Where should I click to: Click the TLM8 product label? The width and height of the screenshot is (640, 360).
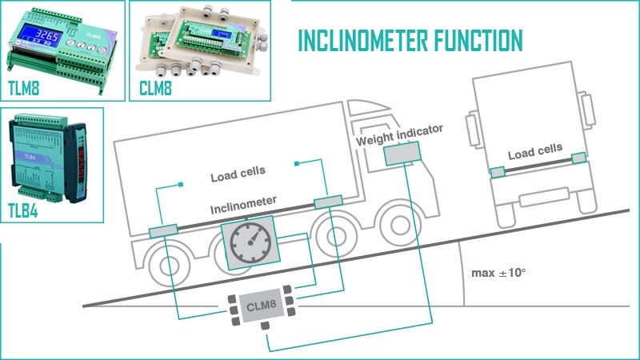coord(25,86)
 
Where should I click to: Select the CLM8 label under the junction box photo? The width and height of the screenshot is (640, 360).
coord(157,86)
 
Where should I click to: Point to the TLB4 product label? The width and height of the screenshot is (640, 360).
coord(24,211)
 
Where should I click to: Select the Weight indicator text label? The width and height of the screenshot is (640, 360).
coord(399,133)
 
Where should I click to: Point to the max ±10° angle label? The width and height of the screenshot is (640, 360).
coord(498,274)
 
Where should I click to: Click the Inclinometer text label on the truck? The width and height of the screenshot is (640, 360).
coord(244,206)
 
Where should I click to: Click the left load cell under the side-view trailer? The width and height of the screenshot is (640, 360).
coord(163,233)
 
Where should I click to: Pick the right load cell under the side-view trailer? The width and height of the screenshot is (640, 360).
coord(328,203)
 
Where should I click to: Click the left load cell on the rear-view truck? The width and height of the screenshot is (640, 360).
coord(498,171)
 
